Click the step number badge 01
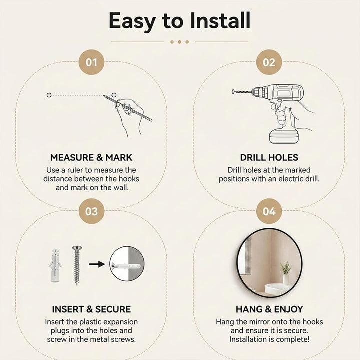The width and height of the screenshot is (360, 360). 91,62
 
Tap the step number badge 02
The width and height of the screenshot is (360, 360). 269,62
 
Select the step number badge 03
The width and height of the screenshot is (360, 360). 91,211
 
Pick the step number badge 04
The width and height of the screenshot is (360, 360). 269,211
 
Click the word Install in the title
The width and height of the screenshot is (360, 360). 220,20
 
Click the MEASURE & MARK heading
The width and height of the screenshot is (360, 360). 91,157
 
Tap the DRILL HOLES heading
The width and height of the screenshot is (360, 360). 269,157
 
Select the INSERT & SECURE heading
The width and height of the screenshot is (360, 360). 91,309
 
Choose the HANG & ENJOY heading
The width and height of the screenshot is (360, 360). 269,309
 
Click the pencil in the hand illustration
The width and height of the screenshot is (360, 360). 128,108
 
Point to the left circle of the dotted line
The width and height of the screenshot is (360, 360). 49,95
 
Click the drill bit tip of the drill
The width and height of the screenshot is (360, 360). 233,92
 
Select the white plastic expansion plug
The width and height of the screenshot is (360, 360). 55,265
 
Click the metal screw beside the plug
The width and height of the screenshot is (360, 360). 77,265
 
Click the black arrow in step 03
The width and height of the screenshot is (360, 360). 97,264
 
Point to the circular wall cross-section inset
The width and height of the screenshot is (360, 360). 127,264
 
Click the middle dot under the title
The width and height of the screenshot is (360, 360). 180,42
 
